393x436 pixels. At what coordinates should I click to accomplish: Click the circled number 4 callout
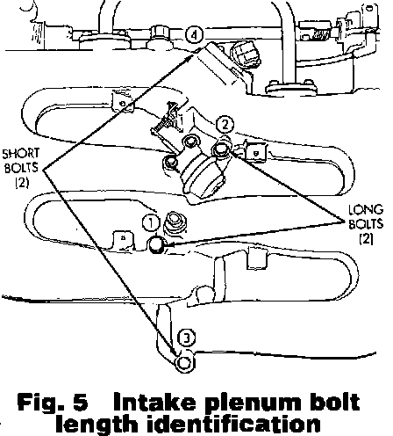coord(194,35)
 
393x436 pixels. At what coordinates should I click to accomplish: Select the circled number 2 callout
coord(225,125)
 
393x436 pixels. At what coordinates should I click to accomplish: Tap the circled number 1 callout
coord(151,223)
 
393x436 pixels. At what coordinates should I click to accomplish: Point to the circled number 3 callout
coord(186,338)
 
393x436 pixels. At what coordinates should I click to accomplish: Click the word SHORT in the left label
coord(21,154)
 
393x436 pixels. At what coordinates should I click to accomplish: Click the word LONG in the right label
coord(366,210)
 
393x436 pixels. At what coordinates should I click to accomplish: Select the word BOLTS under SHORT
coord(21,168)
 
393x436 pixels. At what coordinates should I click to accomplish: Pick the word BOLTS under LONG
coord(366,224)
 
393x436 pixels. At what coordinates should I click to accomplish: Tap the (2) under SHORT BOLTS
coord(22,182)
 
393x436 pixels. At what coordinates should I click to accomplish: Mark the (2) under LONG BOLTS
coord(367,239)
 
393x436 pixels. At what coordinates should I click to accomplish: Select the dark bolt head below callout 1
coord(157,243)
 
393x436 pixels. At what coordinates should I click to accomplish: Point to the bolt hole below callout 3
coord(184,362)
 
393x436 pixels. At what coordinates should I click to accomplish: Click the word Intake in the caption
coord(154,402)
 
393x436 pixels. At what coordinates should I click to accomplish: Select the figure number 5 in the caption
coord(81,402)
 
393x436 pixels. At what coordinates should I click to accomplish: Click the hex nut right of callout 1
coord(175,222)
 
